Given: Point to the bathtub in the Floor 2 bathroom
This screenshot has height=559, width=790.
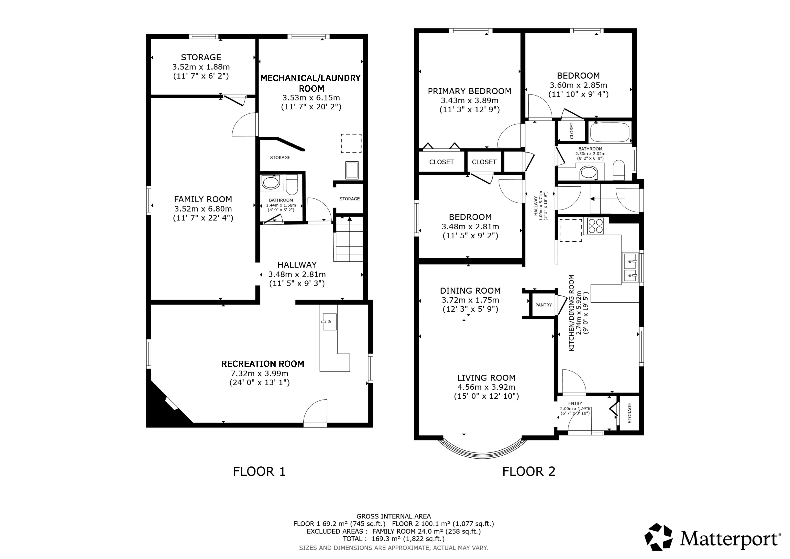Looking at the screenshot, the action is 610,132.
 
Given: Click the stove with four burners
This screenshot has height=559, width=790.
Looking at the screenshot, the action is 596,226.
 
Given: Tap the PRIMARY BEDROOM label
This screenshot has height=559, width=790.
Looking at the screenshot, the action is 470,91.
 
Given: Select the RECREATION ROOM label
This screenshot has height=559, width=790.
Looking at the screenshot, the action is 263,364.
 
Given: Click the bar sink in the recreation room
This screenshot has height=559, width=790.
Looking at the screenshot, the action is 330,322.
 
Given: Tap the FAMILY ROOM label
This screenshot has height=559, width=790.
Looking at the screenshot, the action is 203,199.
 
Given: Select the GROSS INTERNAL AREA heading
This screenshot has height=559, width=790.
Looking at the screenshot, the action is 394,516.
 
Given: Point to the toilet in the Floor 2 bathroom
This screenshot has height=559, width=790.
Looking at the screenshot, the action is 619,170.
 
